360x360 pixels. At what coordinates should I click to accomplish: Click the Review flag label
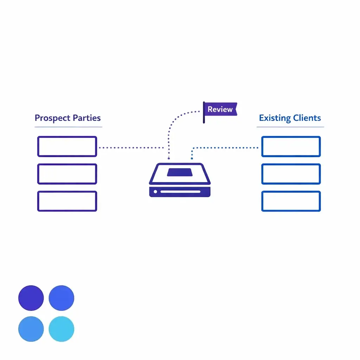pyautogui.click(x=220, y=109)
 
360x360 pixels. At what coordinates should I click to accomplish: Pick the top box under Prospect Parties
pyautogui.click(x=67, y=146)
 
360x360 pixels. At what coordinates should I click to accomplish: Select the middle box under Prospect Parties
pyautogui.click(x=67, y=174)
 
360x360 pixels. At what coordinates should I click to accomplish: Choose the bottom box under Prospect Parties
pyautogui.click(x=67, y=201)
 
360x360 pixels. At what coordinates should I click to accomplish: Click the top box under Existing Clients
pyautogui.click(x=291, y=146)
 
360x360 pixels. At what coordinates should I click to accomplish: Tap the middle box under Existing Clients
pyautogui.click(x=291, y=174)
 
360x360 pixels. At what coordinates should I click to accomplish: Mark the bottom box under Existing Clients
pyautogui.click(x=291, y=201)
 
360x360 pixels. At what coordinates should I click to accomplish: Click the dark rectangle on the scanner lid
pyautogui.click(x=180, y=172)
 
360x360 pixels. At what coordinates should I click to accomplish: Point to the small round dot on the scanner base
pyautogui.click(x=155, y=192)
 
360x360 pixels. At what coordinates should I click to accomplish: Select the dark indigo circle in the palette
pyautogui.click(x=31, y=298)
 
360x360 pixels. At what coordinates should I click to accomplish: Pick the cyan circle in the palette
pyautogui.click(x=62, y=329)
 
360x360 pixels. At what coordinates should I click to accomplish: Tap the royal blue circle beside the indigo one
pyautogui.click(x=62, y=298)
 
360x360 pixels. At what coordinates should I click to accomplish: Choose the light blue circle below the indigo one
pyautogui.click(x=31, y=329)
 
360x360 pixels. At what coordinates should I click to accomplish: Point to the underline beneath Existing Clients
pyautogui.click(x=290, y=127)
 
